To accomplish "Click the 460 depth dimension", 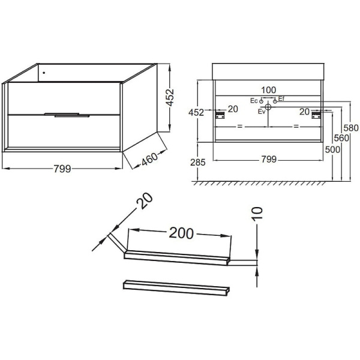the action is click(149, 159).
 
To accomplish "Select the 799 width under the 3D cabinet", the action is click(62, 169).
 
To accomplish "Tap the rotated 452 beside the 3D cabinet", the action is click(170, 97).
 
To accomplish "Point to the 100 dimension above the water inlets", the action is click(269, 90).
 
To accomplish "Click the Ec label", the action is click(254, 101).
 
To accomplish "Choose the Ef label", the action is click(281, 99).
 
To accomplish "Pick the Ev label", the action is click(262, 112).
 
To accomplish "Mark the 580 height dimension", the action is click(351, 128).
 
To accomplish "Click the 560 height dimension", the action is click(341, 138).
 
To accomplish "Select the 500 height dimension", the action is click(332, 149).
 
